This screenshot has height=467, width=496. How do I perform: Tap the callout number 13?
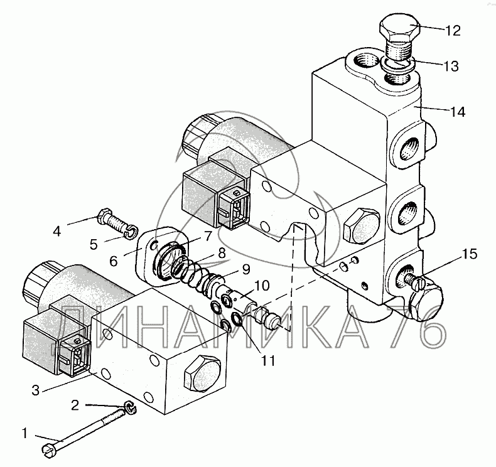click(x=450, y=65)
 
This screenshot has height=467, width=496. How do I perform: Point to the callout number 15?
click(x=469, y=255)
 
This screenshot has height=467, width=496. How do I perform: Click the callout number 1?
click(x=25, y=432)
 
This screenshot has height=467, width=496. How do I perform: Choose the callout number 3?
click(x=36, y=390)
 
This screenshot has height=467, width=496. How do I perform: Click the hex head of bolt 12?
click(x=399, y=31)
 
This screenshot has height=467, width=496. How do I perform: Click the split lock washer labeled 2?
click(x=130, y=409)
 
